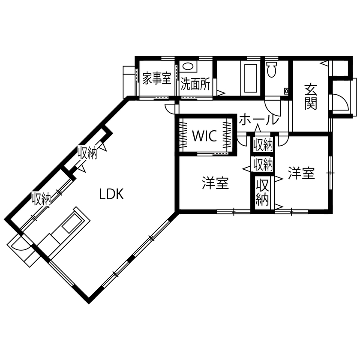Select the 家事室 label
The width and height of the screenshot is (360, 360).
click(157, 80)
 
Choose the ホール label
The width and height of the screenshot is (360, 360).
click(258, 119)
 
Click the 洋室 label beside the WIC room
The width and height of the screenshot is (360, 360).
click(215, 183)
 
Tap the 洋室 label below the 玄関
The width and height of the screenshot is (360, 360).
click(301, 173)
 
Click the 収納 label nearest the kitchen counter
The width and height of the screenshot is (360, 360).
click(42, 199)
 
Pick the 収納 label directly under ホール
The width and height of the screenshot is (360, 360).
click(263, 145)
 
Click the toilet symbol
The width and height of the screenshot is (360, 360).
click(271, 69)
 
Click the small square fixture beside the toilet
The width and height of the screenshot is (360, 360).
click(286, 91)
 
